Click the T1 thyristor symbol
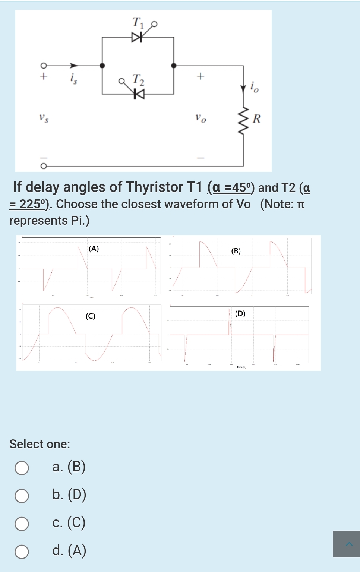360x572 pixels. pos(137,37)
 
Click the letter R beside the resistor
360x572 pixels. pos(257,119)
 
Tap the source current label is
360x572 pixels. pos(73,79)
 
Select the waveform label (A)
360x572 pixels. pos(94,249)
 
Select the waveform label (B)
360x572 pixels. pos(236,251)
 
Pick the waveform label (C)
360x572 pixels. pos(90,316)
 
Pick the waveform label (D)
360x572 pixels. pos(240,314)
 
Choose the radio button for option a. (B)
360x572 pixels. pos(22,468)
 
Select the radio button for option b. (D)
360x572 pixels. pos(22,496)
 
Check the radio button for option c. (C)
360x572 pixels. pos(22,524)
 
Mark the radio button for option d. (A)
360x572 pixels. pos(22,552)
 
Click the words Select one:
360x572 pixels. pos(40,444)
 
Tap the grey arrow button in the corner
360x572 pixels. pos(347,544)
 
